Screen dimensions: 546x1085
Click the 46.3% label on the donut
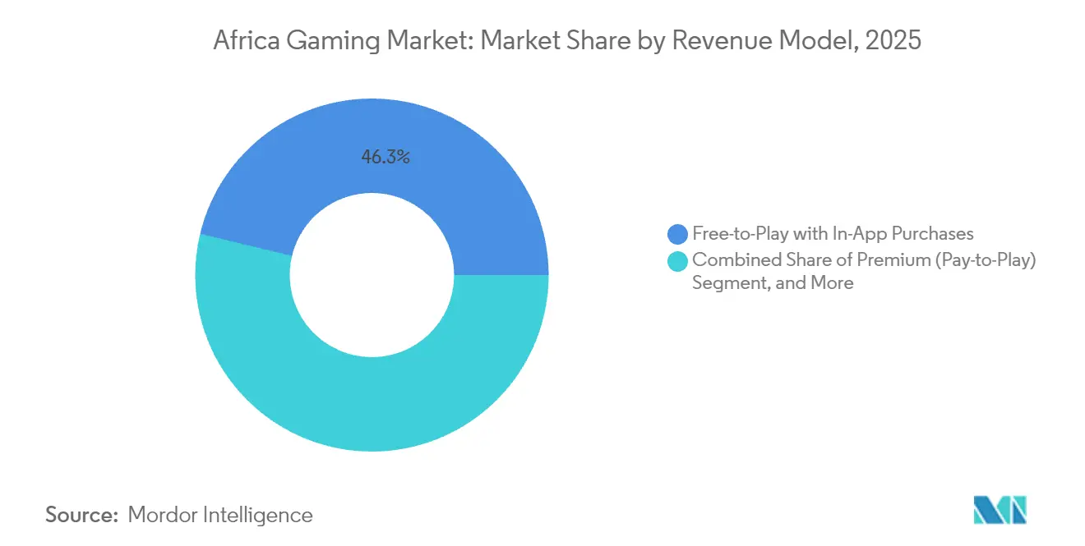click(x=386, y=157)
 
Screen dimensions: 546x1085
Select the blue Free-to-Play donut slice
click(x=460, y=181)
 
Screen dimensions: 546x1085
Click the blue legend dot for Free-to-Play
click(x=678, y=234)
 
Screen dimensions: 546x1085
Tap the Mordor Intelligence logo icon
click(x=1000, y=510)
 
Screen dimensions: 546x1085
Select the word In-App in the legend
click(x=860, y=234)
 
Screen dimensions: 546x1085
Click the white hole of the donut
click(x=372, y=275)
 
